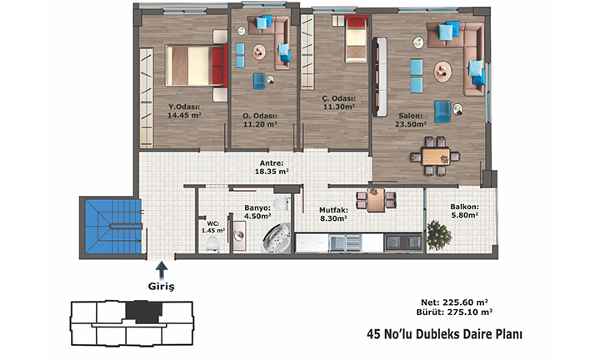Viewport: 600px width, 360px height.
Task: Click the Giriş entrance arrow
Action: (162, 270)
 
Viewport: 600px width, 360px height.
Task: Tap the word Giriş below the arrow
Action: (161, 287)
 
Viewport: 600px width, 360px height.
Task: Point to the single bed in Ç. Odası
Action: (356, 39)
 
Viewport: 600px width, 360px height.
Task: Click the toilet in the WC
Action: (212, 243)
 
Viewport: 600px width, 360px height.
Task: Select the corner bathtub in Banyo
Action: (277, 238)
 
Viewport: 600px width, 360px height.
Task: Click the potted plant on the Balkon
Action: (438, 235)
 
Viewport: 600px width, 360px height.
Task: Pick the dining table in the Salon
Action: (436, 156)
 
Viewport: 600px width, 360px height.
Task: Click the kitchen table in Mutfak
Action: (376, 200)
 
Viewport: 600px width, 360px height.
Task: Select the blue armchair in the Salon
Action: (442, 112)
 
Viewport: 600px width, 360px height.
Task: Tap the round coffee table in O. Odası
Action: (259, 52)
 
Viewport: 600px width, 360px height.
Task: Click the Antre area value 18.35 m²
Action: (272, 172)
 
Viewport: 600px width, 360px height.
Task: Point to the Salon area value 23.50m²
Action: (411, 124)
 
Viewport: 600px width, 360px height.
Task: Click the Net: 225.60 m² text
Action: (454, 302)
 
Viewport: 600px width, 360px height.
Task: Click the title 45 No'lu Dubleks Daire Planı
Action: (444, 334)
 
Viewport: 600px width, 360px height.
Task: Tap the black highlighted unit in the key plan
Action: (143, 312)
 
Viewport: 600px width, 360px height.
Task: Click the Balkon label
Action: (464, 207)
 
